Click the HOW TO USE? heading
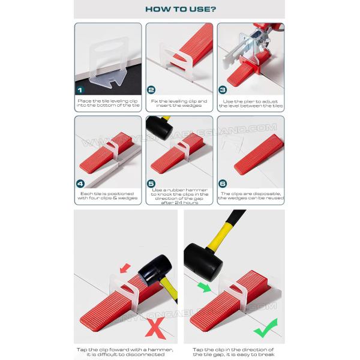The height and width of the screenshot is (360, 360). coord(179,9)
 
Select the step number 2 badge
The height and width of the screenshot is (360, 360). coord(152,89)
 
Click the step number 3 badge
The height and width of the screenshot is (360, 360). coord(223,89)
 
